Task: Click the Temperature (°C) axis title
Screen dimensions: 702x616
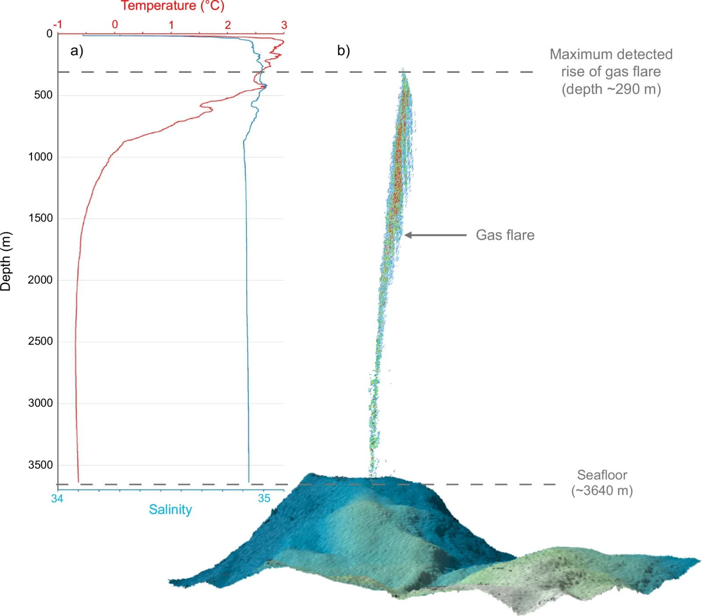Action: point(172,6)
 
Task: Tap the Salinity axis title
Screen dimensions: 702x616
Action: point(170,509)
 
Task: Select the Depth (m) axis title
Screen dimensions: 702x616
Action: point(6,261)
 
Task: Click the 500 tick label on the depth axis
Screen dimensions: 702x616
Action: point(43,95)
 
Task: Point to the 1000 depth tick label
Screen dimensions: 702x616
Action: point(40,157)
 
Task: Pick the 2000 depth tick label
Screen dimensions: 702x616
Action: point(40,280)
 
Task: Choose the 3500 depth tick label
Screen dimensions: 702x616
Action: point(40,465)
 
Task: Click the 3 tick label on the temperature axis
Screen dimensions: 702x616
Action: point(284,25)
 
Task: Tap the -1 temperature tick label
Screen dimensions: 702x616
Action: point(57,25)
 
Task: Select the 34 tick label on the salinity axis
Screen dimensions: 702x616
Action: point(57,499)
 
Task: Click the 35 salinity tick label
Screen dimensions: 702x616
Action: point(264,498)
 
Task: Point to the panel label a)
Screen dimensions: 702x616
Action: point(77,51)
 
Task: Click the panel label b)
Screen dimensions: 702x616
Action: point(344,51)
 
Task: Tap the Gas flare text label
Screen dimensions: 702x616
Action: point(505,235)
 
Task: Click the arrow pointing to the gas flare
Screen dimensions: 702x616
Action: point(435,235)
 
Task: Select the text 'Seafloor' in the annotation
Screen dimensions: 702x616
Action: point(602,475)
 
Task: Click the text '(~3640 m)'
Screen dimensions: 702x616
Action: point(602,491)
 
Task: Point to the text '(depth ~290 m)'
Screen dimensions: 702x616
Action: point(611,89)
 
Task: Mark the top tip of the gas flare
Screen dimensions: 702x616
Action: point(403,68)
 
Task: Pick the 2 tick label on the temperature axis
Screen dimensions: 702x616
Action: point(228,25)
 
